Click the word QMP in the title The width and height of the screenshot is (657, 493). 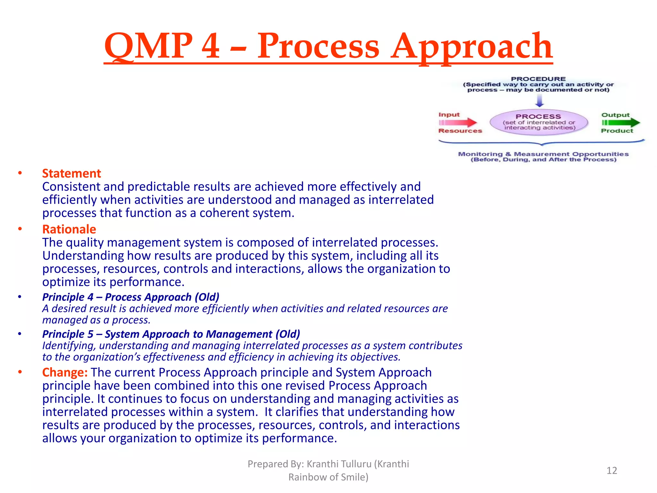(x=148, y=47)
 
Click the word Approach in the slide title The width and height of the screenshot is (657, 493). (x=472, y=47)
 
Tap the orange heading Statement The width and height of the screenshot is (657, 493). (x=72, y=174)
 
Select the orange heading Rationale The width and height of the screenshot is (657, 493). (x=69, y=229)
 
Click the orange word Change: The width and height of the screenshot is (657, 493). (x=65, y=373)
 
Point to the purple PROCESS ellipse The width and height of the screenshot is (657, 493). (x=539, y=122)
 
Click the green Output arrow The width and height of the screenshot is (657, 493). (x=621, y=122)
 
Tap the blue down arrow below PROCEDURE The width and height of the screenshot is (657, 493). (x=540, y=101)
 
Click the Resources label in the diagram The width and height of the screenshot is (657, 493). (x=460, y=131)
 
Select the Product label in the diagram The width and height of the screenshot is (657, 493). (x=617, y=131)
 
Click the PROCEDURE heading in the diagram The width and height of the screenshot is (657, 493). (x=538, y=79)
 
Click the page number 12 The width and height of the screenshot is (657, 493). (x=611, y=471)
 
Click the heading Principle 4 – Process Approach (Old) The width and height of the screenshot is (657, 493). (x=131, y=297)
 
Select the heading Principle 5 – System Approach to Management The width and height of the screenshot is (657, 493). (x=171, y=334)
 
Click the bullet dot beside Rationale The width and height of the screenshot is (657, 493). (x=20, y=229)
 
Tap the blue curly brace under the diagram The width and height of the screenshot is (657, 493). (x=541, y=143)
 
